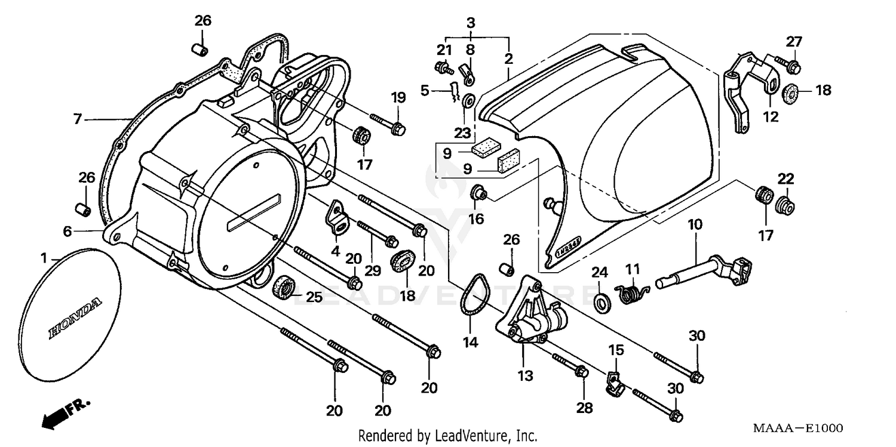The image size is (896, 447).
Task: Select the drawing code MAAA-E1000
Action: [x=797, y=428]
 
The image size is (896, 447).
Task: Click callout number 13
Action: [x=525, y=376]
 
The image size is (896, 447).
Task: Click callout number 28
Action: [x=584, y=408]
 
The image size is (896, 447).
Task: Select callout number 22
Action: [x=785, y=178]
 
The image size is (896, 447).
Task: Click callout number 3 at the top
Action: [x=471, y=23]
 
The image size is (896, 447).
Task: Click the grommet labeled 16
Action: [x=479, y=193]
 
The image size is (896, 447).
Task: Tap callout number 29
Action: [x=373, y=271]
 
